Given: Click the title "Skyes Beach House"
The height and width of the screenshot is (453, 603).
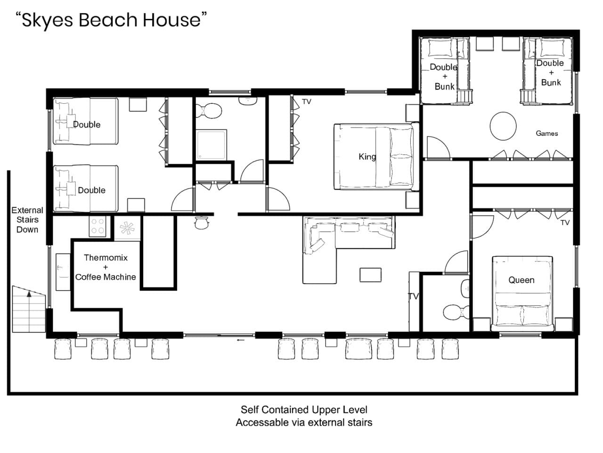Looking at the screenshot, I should [111, 20].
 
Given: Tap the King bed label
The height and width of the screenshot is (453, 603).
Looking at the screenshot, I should [367, 157].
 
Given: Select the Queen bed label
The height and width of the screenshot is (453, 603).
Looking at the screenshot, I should [521, 280].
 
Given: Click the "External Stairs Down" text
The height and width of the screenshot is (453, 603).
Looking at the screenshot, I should [27, 220].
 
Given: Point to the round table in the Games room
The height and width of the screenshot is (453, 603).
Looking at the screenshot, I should [503, 126].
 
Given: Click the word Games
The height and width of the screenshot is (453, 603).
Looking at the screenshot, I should [546, 134].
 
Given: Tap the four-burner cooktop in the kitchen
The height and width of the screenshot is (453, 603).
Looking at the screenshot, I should [98, 226].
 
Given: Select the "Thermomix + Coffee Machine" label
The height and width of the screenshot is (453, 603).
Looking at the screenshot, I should [106, 268].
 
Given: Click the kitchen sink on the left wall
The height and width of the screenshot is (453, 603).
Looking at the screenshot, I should [63, 272].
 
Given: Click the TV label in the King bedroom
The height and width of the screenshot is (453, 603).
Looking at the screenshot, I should [306, 101].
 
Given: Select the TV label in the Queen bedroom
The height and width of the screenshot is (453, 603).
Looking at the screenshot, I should [565, 222].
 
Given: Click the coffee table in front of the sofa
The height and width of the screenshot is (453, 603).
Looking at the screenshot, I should [370, 275].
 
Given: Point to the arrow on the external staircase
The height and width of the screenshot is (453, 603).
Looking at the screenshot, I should [29, 294].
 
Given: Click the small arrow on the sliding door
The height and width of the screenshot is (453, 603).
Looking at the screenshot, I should [241, 340].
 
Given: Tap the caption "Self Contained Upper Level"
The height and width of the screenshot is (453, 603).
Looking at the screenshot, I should [304, 410].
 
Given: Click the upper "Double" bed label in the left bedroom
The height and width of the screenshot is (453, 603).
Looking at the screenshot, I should [87, 125].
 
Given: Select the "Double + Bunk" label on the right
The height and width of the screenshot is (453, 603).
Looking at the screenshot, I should [550, 73].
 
